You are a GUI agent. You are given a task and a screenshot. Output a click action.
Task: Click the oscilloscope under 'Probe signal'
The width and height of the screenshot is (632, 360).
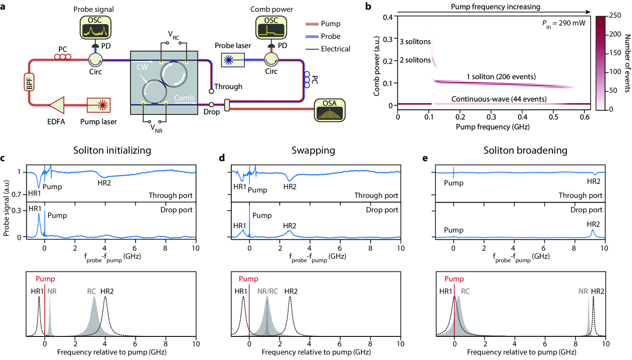96,28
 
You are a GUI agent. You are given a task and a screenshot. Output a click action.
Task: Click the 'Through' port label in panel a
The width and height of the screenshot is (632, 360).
227,87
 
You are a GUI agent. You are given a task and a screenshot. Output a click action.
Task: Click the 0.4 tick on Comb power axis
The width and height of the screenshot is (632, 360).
389,17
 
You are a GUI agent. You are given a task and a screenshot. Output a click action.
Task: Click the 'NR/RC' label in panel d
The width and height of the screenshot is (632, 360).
267,291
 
